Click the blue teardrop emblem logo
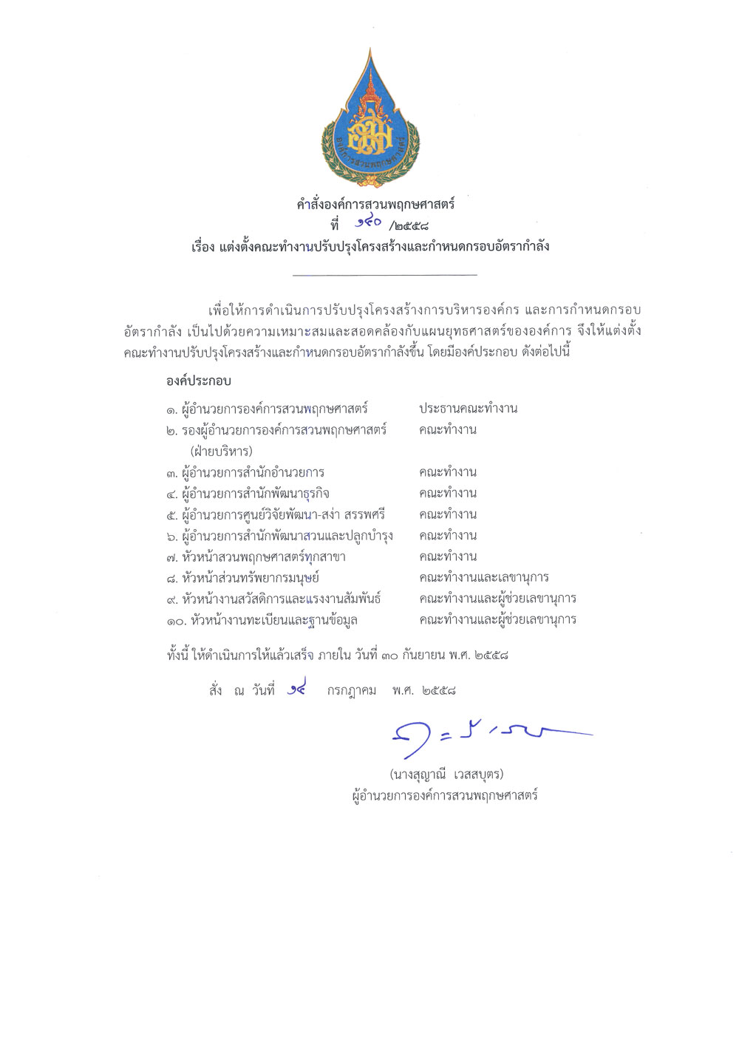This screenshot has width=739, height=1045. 370,121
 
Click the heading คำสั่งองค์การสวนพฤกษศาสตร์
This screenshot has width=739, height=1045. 375,204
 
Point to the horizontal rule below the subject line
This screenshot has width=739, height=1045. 384,275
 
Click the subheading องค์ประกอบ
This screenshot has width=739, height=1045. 198,381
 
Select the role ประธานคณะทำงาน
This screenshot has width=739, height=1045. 468,408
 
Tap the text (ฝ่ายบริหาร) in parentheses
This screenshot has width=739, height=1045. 221,451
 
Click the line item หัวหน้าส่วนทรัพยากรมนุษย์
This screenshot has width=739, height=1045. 251,578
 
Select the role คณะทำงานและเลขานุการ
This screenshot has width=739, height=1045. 483,577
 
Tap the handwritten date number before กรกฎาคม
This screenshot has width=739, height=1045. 296,690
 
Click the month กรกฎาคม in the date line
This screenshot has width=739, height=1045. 352,690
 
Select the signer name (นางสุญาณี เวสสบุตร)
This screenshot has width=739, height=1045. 446,774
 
